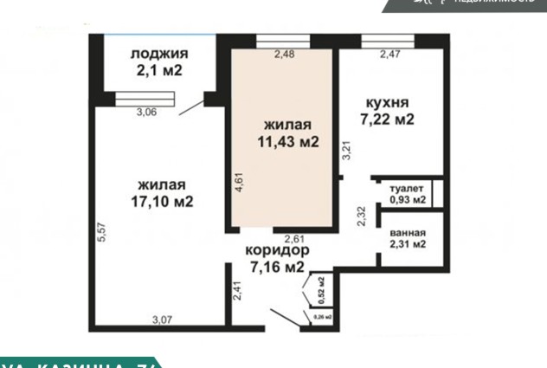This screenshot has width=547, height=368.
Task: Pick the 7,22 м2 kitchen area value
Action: click(386, 119)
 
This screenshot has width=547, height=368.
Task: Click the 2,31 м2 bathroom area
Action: click(407, 245)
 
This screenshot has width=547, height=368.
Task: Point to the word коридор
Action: click(277, 251)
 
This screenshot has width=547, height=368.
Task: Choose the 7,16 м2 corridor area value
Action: click(277, 267)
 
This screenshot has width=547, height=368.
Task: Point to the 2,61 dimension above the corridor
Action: click(295, 238)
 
